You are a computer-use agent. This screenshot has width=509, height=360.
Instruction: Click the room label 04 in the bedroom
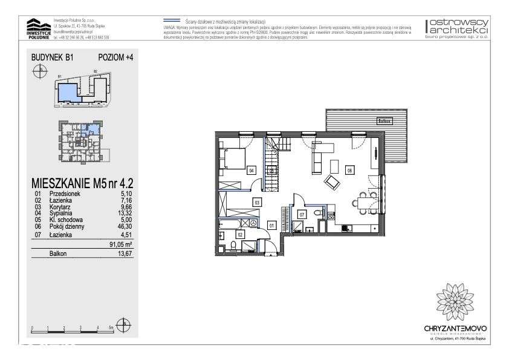251,171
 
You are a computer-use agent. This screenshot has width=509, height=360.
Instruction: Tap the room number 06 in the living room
349,171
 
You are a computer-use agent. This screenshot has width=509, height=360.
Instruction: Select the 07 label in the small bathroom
302,215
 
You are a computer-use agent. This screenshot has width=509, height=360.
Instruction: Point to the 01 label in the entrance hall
271,226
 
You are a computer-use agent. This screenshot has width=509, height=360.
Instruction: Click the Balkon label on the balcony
383,121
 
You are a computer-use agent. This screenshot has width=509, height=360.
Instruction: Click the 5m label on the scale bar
111,327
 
